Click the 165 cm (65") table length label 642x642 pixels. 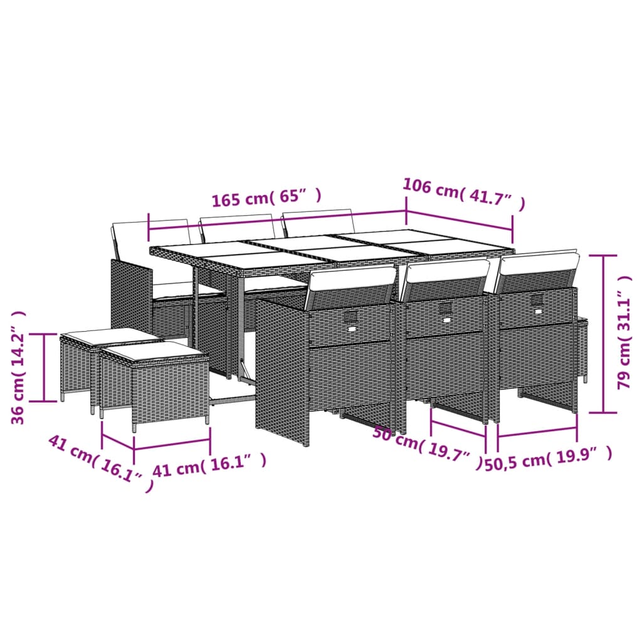[266, 198]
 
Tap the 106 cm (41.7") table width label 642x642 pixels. [463, 194]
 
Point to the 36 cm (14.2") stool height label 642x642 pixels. [19, 367]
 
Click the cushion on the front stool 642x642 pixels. [154, 351]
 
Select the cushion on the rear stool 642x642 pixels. [110, 337]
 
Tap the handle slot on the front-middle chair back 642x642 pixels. [445, 309]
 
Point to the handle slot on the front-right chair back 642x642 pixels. [537, 301]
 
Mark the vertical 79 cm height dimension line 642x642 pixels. [604, 334]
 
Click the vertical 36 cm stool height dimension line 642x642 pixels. [44, 367]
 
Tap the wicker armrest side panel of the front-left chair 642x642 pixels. [282, 370]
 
